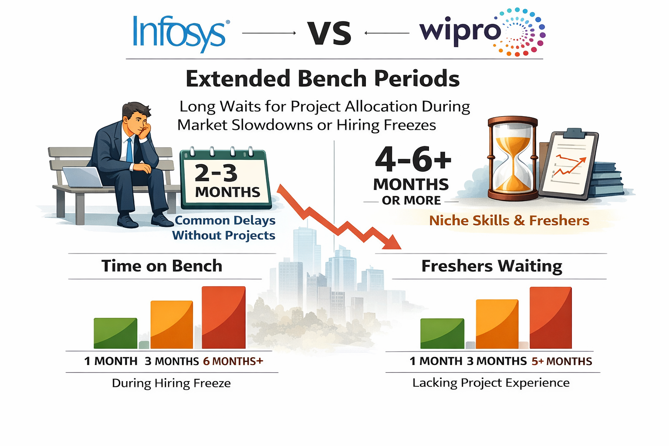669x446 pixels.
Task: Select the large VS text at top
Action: tap(329, 33)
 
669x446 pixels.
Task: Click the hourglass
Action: tap(513, 159)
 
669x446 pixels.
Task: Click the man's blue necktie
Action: tap(129, 150)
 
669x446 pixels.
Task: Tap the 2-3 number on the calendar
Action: tap(216, 173)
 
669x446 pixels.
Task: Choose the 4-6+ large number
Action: tap(413, 159)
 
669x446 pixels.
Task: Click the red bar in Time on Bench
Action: tap(224, 317)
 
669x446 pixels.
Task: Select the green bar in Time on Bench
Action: tap(115, 333)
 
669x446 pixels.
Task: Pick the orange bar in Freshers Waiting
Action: tap(497, 324)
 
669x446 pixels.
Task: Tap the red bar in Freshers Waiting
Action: tap(551, 318)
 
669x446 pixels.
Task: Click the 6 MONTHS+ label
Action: tap(233, 362)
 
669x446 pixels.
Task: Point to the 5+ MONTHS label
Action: tap(562, 362)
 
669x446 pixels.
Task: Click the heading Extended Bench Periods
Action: tap(322, 79)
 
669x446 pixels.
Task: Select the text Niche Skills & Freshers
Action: tap(509, 221)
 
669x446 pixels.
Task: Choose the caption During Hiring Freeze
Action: tap(171, 383)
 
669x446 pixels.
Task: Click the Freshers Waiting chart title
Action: tap(492, 266)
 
